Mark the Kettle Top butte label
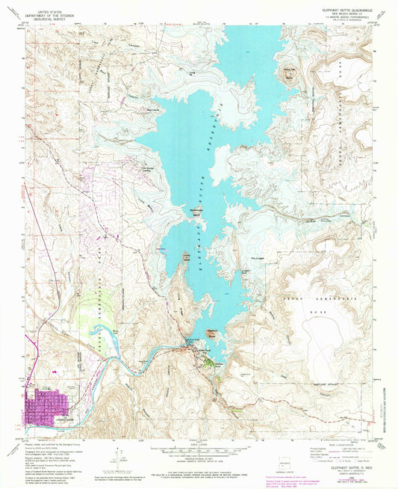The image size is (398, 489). [287, 73]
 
